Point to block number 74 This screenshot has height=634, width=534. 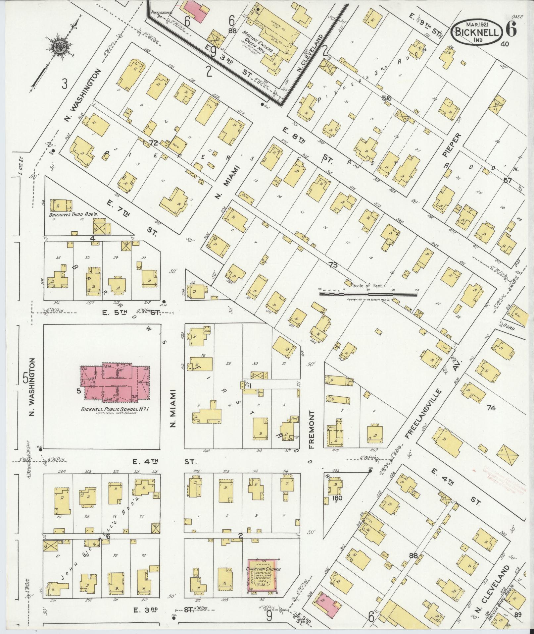(491, 408)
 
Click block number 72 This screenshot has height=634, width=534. (153, 143)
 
